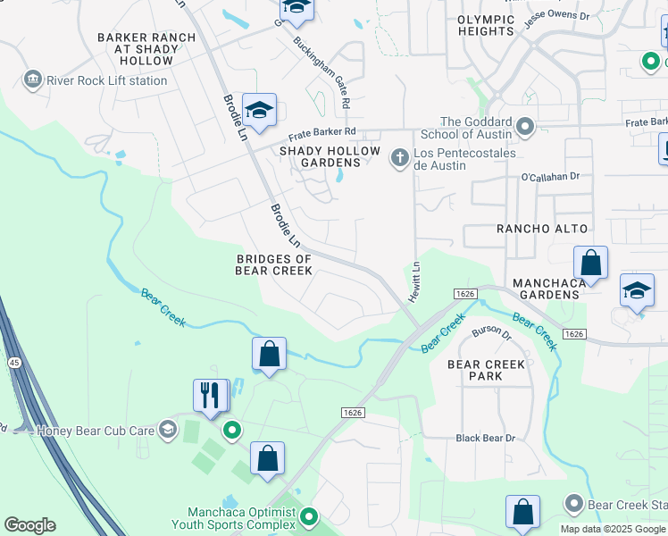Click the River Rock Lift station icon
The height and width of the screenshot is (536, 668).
[33, 80]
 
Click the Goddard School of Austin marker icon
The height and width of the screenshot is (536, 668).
[525, 129]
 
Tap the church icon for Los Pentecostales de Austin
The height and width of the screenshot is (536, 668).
[399, 159]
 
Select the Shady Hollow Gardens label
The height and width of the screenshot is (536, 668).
[330, 157]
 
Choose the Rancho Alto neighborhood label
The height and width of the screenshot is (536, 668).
[539, 229]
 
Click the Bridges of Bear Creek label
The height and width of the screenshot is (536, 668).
[273, 265]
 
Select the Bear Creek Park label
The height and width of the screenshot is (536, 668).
[486, 370]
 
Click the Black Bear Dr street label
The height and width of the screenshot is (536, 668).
[486, 438]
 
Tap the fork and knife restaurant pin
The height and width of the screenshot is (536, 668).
[211, 395]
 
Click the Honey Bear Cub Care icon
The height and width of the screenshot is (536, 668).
[167, 430]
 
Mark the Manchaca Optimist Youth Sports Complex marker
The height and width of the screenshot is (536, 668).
[309, 516]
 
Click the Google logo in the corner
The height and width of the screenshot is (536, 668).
[29, 525]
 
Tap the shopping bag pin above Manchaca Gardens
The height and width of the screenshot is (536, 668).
[590, 264]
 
